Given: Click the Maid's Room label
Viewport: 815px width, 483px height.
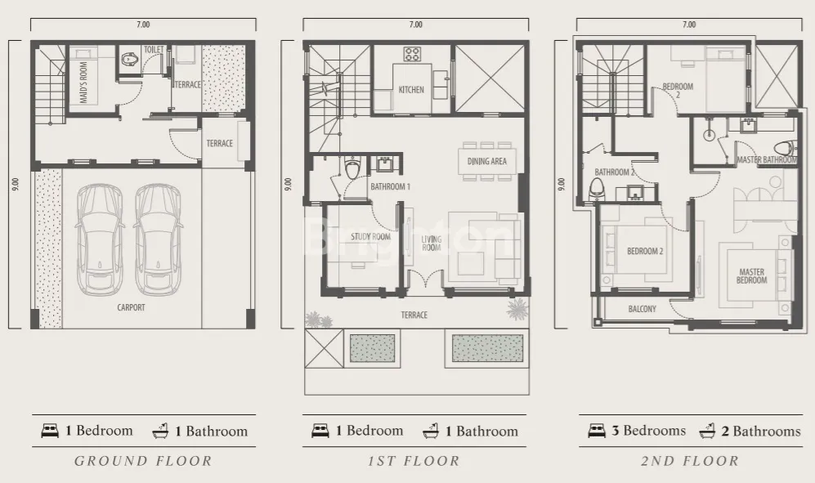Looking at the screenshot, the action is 83,83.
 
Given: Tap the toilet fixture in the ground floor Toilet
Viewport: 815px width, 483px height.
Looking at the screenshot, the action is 128,60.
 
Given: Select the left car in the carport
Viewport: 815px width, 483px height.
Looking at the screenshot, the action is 100,239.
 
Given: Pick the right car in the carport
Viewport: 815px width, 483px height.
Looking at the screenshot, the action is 158,239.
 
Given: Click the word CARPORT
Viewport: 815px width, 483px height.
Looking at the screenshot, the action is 131,307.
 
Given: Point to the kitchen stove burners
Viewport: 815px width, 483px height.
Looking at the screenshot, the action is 413,54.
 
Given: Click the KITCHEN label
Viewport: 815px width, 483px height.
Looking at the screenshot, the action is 411,90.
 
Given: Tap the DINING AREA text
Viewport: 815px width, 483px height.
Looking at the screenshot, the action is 486,161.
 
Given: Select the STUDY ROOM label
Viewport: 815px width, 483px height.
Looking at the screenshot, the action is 370,236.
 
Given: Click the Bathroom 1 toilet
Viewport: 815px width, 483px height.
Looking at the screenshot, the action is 352,169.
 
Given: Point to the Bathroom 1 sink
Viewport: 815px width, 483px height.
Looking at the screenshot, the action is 385,163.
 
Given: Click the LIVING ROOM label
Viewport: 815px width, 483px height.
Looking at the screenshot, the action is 432,244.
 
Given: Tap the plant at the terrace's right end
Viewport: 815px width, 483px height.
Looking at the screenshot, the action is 517,309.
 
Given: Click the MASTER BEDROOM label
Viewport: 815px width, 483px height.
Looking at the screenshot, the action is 751,275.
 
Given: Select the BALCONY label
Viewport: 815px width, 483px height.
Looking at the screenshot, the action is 643,309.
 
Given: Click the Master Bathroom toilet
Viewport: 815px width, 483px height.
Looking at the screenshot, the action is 784,148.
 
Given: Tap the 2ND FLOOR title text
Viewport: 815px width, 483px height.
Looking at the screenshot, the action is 689,461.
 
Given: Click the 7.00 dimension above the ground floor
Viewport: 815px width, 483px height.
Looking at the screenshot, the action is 143,25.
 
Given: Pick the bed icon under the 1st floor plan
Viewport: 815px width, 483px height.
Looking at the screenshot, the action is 320,431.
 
